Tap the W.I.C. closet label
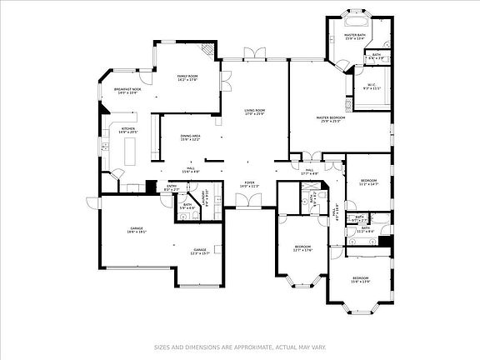coord(372,87)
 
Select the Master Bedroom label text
coord(331,119)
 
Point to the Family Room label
coord(187,77)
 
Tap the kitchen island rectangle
coord(132,151)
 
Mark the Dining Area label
coord(190,137)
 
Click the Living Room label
coord(255,112)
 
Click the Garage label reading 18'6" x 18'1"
coord(137,229)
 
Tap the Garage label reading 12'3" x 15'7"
coord(200,252)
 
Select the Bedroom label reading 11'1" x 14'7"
coord(369,182)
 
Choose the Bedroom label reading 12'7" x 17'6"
coord(302,248)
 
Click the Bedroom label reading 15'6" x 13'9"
coord(360,279)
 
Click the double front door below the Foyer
coord(246,200)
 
